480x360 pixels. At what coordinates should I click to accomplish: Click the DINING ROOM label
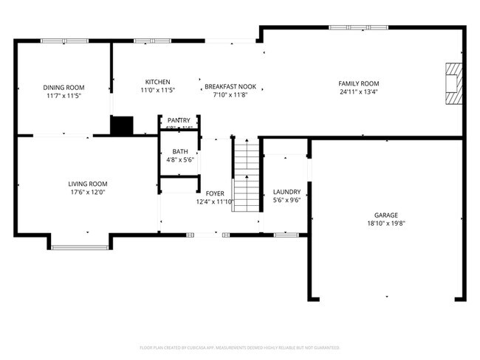pos(63,87)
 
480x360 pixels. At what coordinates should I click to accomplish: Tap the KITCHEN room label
pos(157,82)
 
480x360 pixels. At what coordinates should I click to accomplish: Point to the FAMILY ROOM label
pos(358,83)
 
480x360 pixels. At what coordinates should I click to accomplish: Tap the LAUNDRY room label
pos(287,192)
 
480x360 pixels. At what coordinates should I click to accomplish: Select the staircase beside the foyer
pos(247,174)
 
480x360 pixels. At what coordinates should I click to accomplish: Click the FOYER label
pos(215,193)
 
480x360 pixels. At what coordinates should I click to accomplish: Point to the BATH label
pos(180,151)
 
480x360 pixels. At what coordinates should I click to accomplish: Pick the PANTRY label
pos(179,120)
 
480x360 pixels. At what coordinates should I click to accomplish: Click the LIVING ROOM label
pos(88,184)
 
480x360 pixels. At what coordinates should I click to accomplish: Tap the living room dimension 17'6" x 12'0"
pos(88,193)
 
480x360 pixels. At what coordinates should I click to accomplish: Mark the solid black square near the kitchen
pos(120,125)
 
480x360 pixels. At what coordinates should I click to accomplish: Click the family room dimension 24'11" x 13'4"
pos(358,92)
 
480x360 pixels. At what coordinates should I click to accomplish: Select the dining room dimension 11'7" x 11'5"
pos(63,96)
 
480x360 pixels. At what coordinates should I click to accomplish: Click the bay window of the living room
pos(80,246)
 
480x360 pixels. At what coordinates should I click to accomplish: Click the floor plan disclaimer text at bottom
pos(239,347)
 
